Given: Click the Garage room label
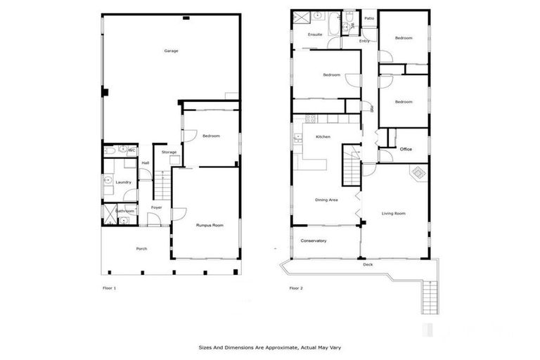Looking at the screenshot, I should click(171, 51).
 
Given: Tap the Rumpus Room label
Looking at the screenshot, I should click(210, 225).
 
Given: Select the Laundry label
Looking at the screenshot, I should click(123, 182).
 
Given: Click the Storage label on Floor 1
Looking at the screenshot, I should click(169, 153).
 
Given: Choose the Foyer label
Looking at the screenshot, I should click(157, 207).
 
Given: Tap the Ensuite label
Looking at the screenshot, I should click(315, 34).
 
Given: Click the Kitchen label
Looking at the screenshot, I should click(323, 136).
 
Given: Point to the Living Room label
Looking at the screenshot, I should click(394, 213).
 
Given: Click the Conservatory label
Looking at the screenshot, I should click(314, 241).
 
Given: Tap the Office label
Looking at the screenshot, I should click(406, 150).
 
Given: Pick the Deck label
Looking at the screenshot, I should click(368, 264).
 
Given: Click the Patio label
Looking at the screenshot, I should click(368, 18).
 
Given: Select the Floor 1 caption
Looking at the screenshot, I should click(109, 288).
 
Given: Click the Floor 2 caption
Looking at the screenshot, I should click(296, 288).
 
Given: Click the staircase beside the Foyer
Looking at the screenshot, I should click(162, 186).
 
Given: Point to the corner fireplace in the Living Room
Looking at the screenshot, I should click(419, 173).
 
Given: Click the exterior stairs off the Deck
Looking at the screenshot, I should click(430, 296).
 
